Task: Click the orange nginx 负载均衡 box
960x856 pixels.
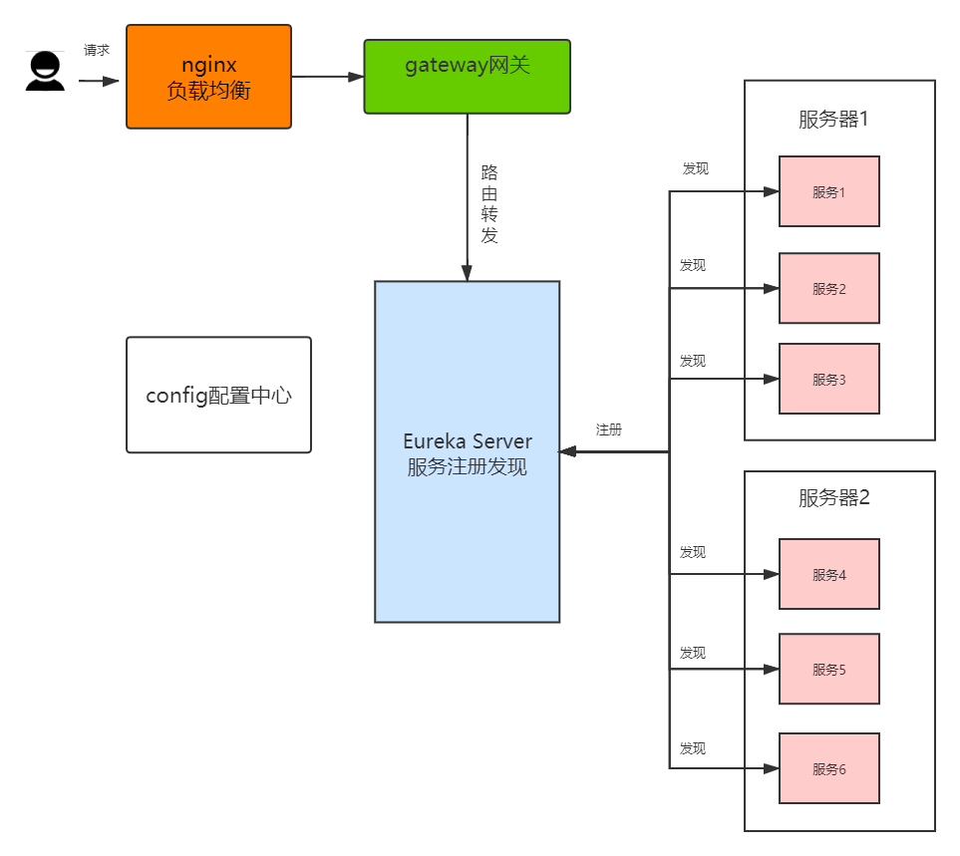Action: pos(208,77)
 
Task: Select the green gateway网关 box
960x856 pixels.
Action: pos(467,77)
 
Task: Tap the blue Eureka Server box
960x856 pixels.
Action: pos(467,451)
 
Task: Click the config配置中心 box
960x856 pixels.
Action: pos(218,395)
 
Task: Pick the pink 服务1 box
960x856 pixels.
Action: pos(828,191)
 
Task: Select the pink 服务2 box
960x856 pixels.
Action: pos(828,288)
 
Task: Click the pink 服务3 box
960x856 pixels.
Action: pos(828,379)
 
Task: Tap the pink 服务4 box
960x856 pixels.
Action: pos(828,574)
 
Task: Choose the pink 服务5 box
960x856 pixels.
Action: pos(828,669)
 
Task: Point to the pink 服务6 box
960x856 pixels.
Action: pos(828,768)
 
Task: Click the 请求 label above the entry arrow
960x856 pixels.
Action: pos(97,50)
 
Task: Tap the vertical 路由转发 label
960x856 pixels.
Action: pos(489,203)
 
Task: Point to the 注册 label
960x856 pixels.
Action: pos(609,429)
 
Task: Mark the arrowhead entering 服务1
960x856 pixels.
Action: pos(771,191)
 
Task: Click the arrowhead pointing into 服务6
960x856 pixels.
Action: pos(771,768)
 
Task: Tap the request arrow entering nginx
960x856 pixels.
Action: pos(100,81)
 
